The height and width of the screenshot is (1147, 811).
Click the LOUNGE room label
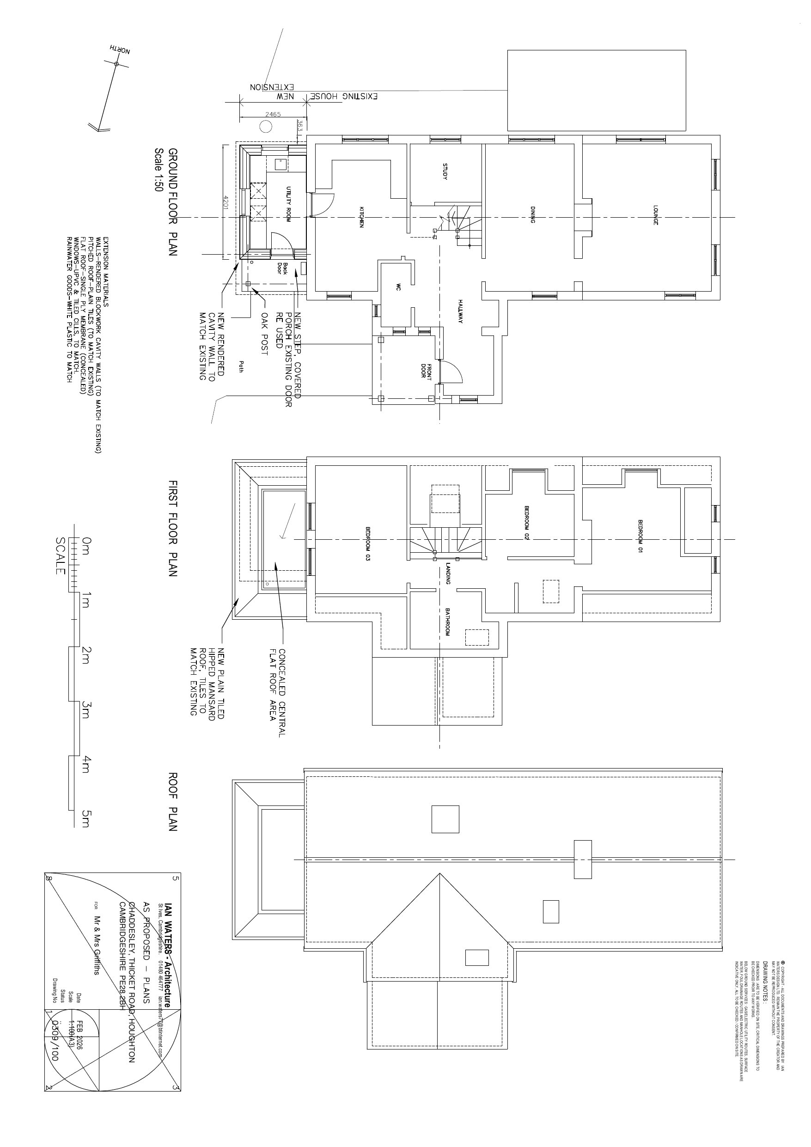(x=655, y=214)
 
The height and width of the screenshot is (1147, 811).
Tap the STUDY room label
(x=445, y=171)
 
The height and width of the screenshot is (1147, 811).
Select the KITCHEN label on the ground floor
(x=361, y=217)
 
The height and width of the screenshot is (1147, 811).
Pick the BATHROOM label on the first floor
(x=447, y=622)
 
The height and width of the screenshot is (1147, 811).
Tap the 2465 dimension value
(x=273, y=114)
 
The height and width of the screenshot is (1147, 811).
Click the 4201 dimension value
(x=226, y=202)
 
